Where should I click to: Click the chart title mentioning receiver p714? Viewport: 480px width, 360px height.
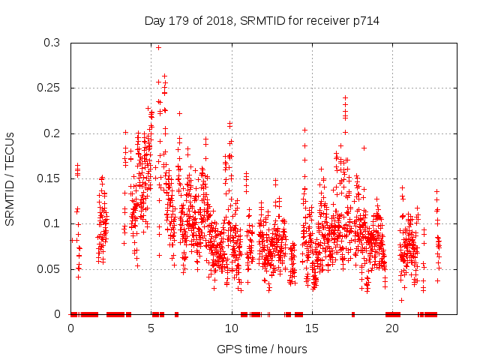pyautogui.click(x=262, y=20)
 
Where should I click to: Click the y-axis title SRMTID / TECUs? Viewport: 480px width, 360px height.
pyautogui.click(x=10, y=178)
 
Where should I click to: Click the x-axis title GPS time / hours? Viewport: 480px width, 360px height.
pyautogui.click(x=262, y=349)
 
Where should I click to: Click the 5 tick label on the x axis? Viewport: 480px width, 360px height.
pyautogui.click(x=151, y=328)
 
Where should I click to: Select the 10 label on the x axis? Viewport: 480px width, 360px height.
pyautogui.click(x=232, y=328)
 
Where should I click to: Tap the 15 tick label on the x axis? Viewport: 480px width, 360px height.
pyautogui.click(x=312, y=328)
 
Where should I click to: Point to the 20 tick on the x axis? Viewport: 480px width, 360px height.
pyautogui.click(x=392, y=328)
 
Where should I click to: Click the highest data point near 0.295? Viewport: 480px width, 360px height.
pyautogui.click(x=158, y=47)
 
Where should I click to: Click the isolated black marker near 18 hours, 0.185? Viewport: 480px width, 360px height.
pyautogui.click(x=364, y=148)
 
